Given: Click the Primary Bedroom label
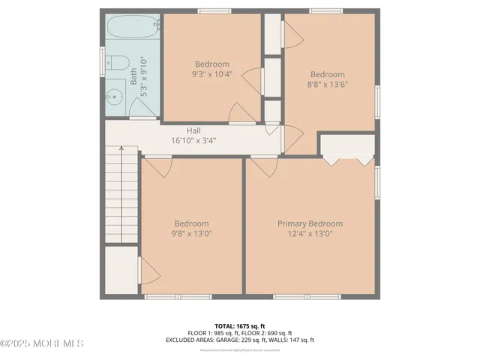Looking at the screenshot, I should (310, 223).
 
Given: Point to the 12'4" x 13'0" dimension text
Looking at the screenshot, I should (310, 234).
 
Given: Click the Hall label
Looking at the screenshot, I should (193, 130).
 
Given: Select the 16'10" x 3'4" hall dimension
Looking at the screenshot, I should (193, 139).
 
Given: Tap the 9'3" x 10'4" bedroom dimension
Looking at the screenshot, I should (212, 74).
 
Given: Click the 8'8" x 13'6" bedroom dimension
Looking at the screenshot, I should (328, 85).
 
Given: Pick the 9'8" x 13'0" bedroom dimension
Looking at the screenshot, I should (192, 234).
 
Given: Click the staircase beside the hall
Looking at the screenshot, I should (120, 195).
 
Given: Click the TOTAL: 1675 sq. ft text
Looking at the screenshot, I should (240, 326).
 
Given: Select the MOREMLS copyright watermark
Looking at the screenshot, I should (42, 343).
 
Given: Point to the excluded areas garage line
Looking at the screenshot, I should (240, 340).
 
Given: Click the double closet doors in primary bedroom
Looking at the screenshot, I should (347, 159).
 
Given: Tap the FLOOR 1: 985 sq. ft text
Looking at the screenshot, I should (213, 333).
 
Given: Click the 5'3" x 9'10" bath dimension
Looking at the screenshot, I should (142, 76).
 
